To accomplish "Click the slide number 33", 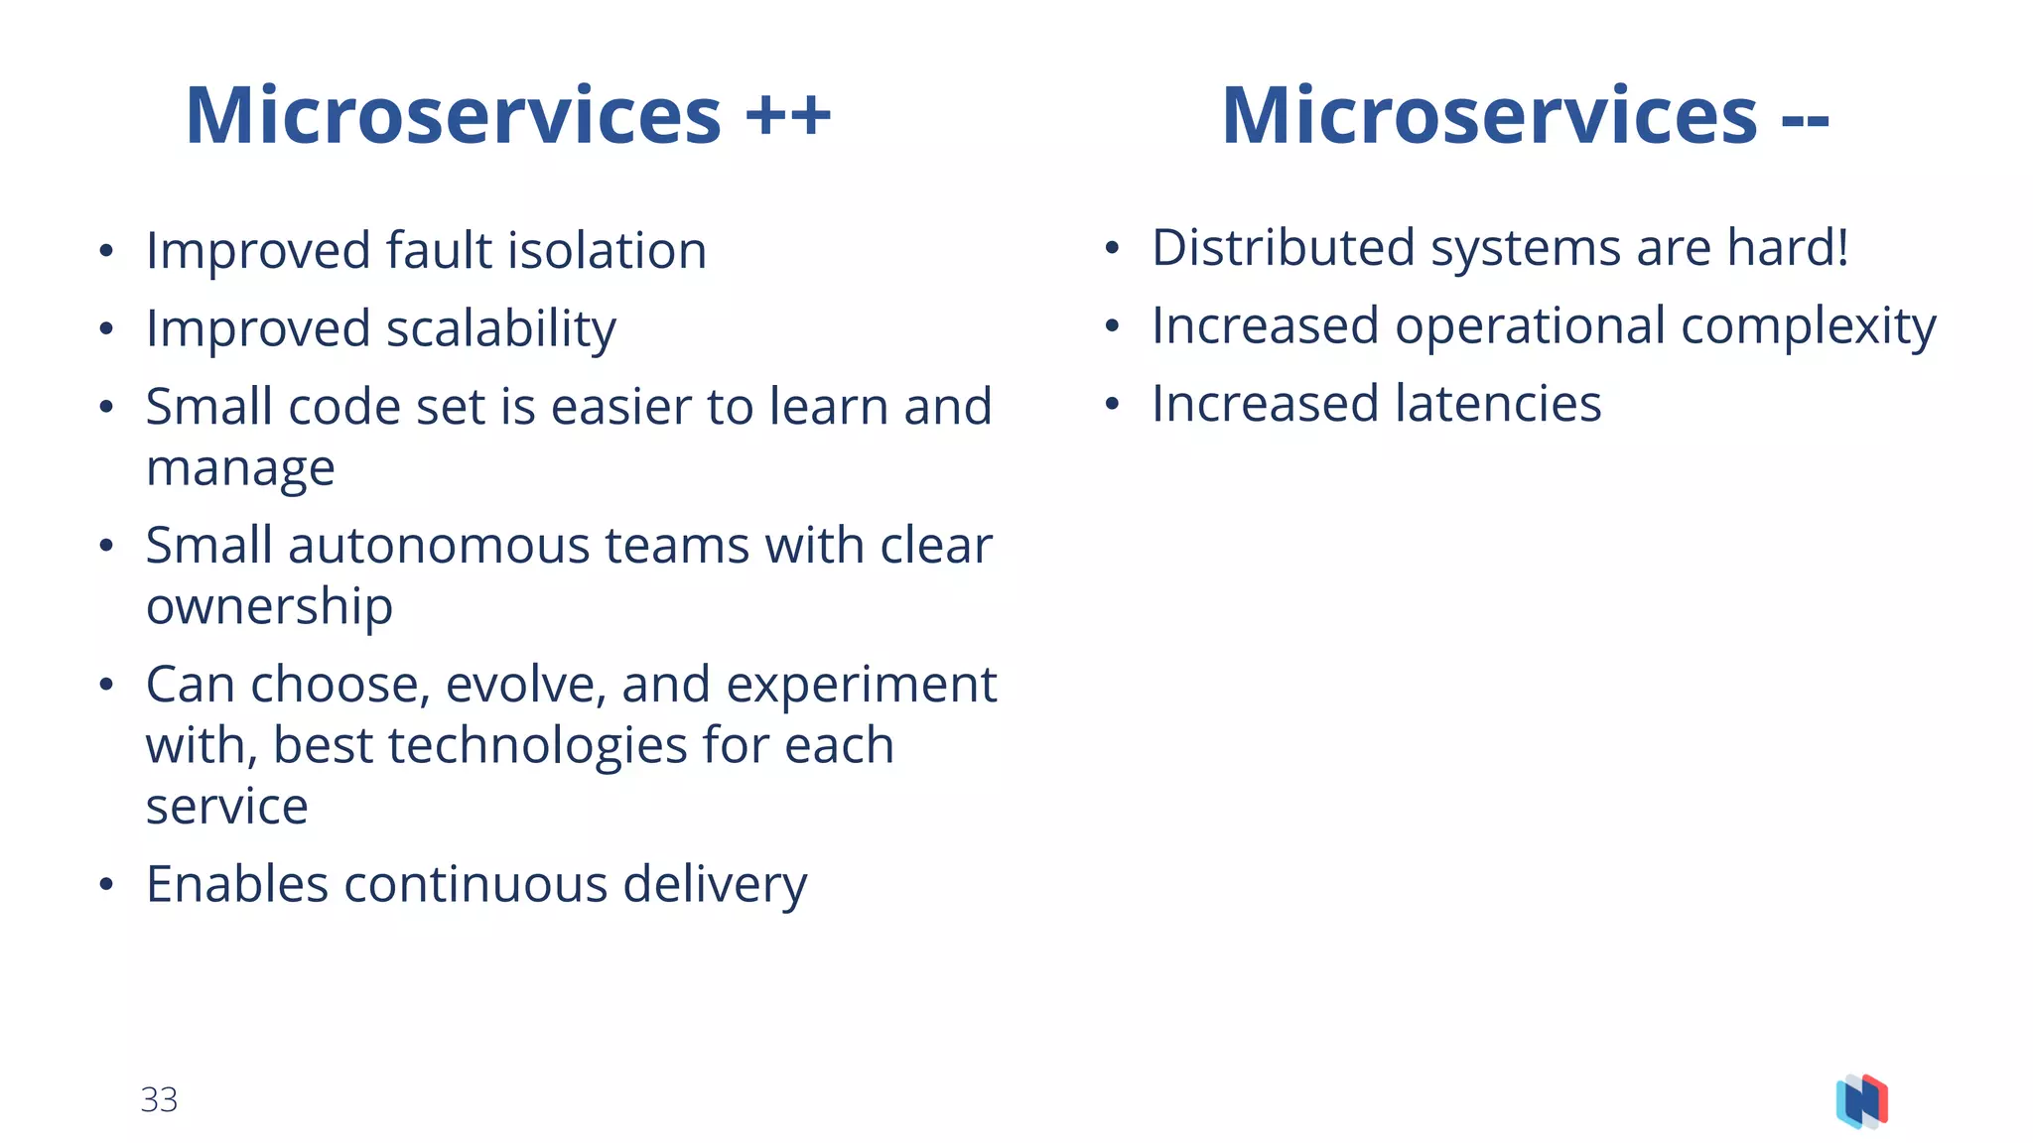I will (x=159, y=1099).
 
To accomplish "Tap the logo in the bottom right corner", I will (x=1861, y=1101).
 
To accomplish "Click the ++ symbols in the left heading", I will (x=788, y=115).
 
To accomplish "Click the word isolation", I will (x=607, y=250).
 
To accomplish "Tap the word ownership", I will (x=269, y=606).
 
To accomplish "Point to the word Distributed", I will (x=1283, y=247).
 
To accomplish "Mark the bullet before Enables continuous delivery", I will (x=106, y=884).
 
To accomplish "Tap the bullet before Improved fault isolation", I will (x=106, y=251).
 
